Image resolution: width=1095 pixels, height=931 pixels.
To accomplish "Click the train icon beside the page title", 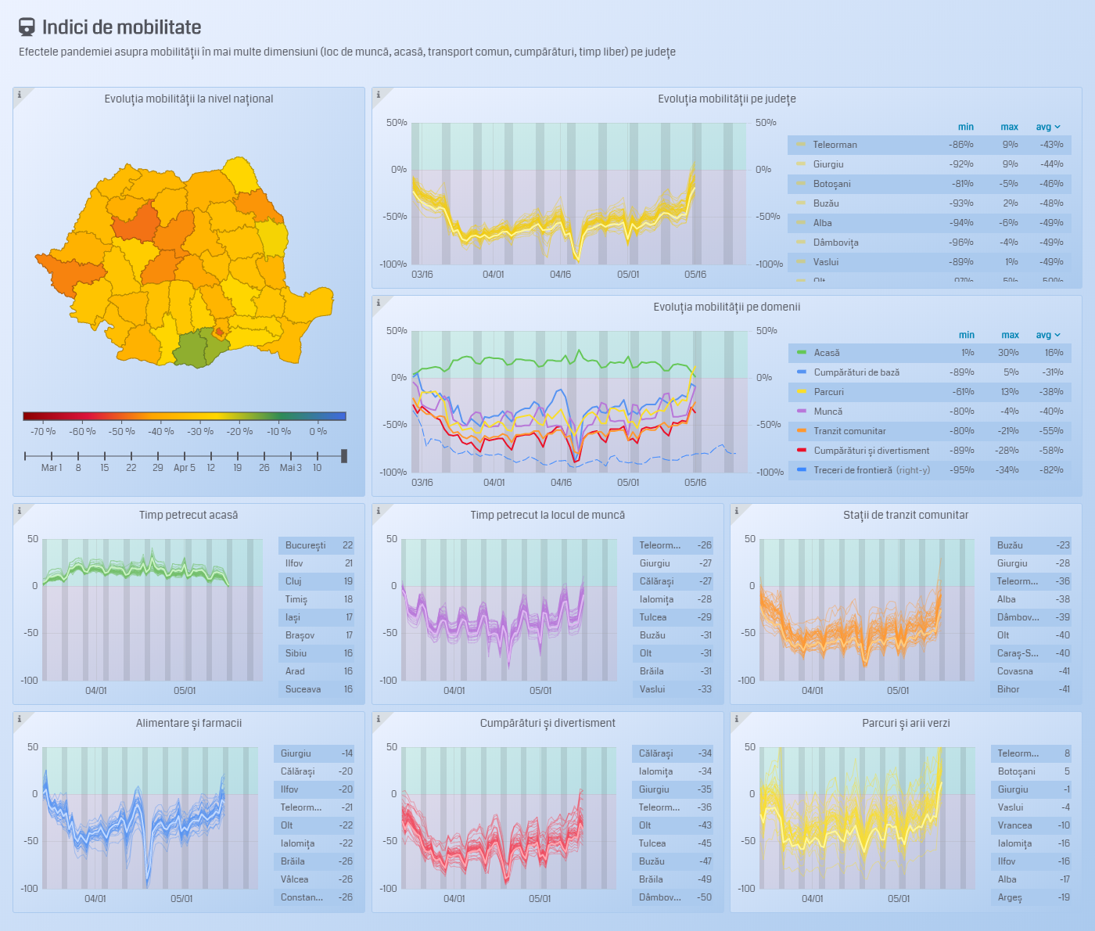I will click(27, 27).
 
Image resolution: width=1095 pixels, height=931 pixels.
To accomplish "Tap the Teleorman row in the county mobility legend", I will click(835, 145).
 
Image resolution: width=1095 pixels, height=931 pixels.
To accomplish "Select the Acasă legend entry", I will click(826, 353).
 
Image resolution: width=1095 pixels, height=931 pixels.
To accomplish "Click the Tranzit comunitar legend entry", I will click(849, 431).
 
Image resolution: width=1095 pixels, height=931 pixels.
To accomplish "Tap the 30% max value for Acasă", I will click(1008, 353).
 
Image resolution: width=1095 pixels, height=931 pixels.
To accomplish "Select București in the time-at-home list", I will click(305, 545).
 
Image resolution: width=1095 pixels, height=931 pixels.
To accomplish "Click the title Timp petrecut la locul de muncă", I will click(547, 515).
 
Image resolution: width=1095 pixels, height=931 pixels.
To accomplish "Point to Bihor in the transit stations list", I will click(1008, 689).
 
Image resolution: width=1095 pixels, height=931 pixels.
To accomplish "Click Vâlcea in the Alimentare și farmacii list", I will click(295, 879).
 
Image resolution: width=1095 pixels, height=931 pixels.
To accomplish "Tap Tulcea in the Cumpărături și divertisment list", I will click(652, 843).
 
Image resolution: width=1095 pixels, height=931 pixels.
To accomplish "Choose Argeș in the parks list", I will click(1010, 897).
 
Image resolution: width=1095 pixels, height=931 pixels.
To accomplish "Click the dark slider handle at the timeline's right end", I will click(344, 456).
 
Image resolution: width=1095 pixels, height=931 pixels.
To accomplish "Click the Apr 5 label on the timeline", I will click(185, 468).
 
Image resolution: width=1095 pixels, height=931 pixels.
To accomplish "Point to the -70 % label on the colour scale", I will click(43, 432).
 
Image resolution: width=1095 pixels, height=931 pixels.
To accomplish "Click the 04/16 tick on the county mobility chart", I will click(561, 275).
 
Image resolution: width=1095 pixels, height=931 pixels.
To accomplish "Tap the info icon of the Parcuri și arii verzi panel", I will click(737, 718).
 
